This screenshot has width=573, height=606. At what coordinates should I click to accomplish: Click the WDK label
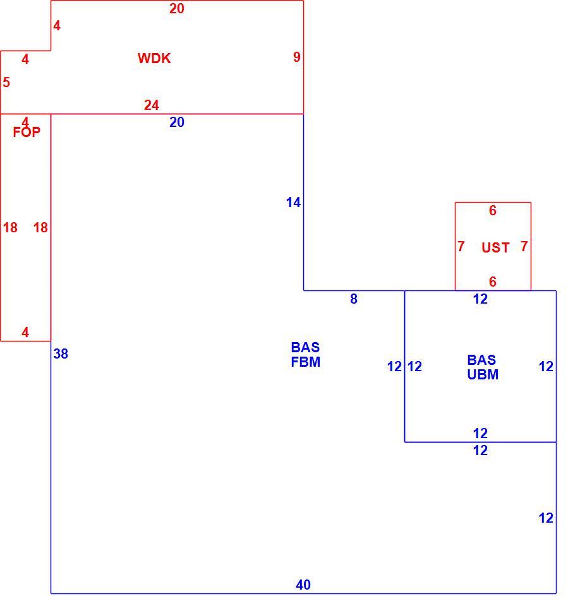[x=154, y=58]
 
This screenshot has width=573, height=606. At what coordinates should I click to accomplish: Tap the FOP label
[x=27, y=132]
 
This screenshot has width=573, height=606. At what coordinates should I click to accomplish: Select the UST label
[x=495, y=247]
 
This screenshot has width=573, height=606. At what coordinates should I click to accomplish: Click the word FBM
[x=305, y=362]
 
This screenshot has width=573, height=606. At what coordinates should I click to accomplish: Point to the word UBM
[x=483, y=374]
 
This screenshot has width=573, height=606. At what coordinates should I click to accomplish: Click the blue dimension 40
[x=303, y=585]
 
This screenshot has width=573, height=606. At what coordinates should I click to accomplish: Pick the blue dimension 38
[x=61, y=353]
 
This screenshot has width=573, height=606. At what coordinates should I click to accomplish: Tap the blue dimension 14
[x=293, y=203]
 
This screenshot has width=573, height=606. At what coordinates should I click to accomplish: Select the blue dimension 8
[x=354, y=299]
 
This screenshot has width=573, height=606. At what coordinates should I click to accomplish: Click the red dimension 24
[x=151, y=105]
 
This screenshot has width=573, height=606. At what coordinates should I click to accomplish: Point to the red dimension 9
[x=297, y=57]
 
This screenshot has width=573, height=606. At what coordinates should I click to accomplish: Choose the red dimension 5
[x=6, y=82]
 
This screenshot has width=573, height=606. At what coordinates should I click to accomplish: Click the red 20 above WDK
[x=176, y=8]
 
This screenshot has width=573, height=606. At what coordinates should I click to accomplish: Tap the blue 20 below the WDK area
[x=176, y=122]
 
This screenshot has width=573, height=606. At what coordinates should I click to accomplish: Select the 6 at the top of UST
[x=493, y=211]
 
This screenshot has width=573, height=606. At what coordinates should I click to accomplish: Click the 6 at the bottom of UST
[x=493, y=282]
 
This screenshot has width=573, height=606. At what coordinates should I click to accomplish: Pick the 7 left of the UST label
[x=461, y=246]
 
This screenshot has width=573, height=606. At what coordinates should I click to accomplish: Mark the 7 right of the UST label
[x=524, y=246]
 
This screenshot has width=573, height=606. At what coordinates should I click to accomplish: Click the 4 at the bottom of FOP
[x=25, y=333]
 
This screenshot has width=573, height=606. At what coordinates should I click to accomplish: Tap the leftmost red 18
[x=10, y=228]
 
